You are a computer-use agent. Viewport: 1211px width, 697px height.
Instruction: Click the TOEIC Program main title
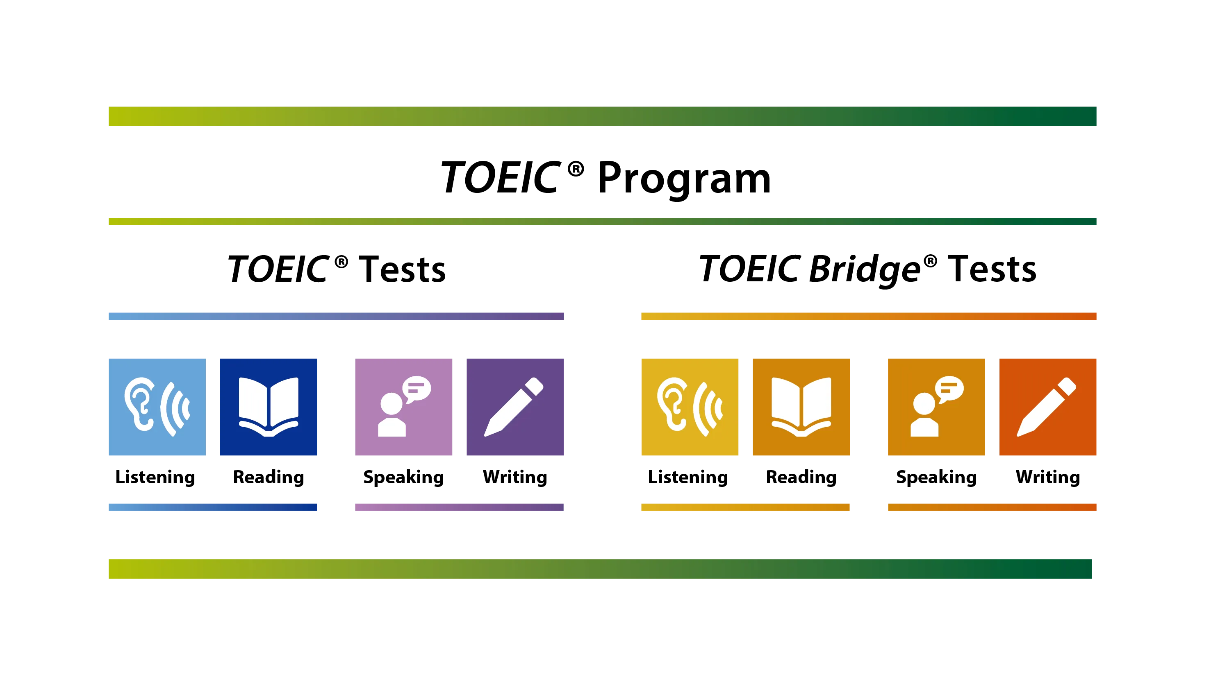605,178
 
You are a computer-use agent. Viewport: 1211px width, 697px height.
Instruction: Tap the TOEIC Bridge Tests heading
867,269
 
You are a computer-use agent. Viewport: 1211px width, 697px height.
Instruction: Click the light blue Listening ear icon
157,407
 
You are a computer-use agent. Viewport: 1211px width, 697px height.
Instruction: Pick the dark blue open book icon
269,407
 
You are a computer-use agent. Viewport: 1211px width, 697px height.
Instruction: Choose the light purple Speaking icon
403,407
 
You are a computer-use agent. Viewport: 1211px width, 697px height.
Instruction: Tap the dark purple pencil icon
514,407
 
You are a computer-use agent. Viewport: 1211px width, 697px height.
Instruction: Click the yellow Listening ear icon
690,407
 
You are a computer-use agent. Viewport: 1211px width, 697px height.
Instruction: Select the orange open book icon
801,407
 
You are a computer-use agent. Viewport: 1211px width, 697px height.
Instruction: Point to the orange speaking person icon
936,407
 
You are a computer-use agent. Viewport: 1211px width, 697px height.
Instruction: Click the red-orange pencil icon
1047,407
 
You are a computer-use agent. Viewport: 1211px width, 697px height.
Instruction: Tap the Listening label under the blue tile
156,478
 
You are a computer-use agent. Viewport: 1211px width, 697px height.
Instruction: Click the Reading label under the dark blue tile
269,478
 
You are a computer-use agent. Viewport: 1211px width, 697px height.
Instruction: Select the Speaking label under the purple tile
403,478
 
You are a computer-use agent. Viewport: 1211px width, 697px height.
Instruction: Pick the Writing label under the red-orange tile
1047,478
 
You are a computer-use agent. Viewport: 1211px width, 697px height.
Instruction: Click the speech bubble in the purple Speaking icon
417,388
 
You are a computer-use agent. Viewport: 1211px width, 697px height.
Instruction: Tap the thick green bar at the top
603,116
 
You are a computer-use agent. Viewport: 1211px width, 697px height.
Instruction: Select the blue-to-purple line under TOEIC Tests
335,316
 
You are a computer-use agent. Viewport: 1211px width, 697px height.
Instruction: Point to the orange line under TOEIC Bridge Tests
868,316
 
